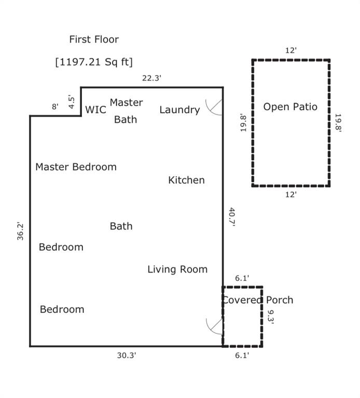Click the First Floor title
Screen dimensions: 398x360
point(94,39)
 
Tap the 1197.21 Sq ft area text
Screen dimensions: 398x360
point(94,62)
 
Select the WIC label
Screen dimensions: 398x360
point(95,110)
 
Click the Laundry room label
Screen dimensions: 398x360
point(179,110)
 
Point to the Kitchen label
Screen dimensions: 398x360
point(186,180)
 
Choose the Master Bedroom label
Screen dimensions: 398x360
point(76,167)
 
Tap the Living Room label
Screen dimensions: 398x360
point(177,269)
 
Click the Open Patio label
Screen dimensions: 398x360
point(290,107)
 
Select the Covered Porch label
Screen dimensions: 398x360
point(257,300)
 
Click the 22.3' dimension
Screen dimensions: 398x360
point(152,78)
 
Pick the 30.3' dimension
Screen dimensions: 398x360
point(127,356)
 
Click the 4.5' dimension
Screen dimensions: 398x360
point(72,101)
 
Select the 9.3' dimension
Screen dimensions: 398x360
point(270,316)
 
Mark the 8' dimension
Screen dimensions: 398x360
point(55,107)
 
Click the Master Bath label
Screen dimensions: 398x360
point(126,111)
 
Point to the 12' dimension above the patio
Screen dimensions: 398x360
point(291,51)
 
